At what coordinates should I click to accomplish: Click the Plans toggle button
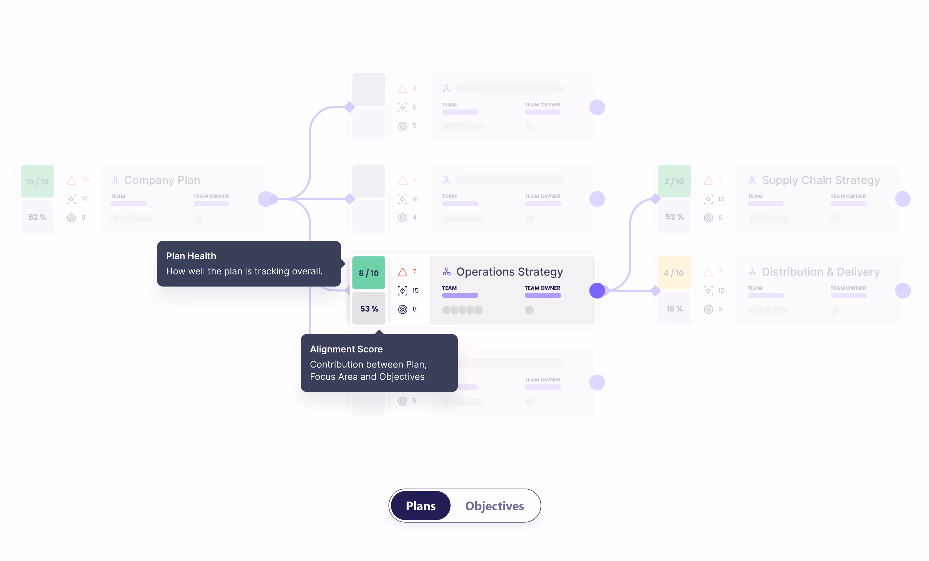click(x=420, y=506)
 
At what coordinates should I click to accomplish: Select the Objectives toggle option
click(x=494, y=506)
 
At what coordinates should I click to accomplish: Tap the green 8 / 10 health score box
click(x=368, y=273)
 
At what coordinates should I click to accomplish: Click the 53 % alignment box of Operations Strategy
click(x=368, y=308)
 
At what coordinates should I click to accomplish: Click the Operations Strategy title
click(x=509, y=271)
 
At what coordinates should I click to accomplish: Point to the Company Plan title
click(x=162, y=180)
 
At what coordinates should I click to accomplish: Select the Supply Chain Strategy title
click(x=821, y=180)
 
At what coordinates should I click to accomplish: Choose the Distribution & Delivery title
click(x=821, y=271)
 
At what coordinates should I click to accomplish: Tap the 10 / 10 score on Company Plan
click(x=37, y=181)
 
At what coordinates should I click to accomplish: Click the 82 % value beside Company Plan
click(x=37, y=217)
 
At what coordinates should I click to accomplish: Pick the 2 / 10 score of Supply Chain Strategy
click(x=674, y=181)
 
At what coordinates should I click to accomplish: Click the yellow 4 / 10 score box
click(x=674, y=273)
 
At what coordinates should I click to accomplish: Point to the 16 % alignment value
click(x=674, y=308)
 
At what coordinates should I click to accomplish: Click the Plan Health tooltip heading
click(x=191, y=256)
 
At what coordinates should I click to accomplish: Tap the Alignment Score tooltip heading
click(x=346, y=349)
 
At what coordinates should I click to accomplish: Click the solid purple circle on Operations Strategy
click(x=597, y=290)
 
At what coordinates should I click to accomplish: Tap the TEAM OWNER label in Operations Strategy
click(x=542, y=288)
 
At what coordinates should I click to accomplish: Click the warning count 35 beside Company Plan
click(x=85, y=180)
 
